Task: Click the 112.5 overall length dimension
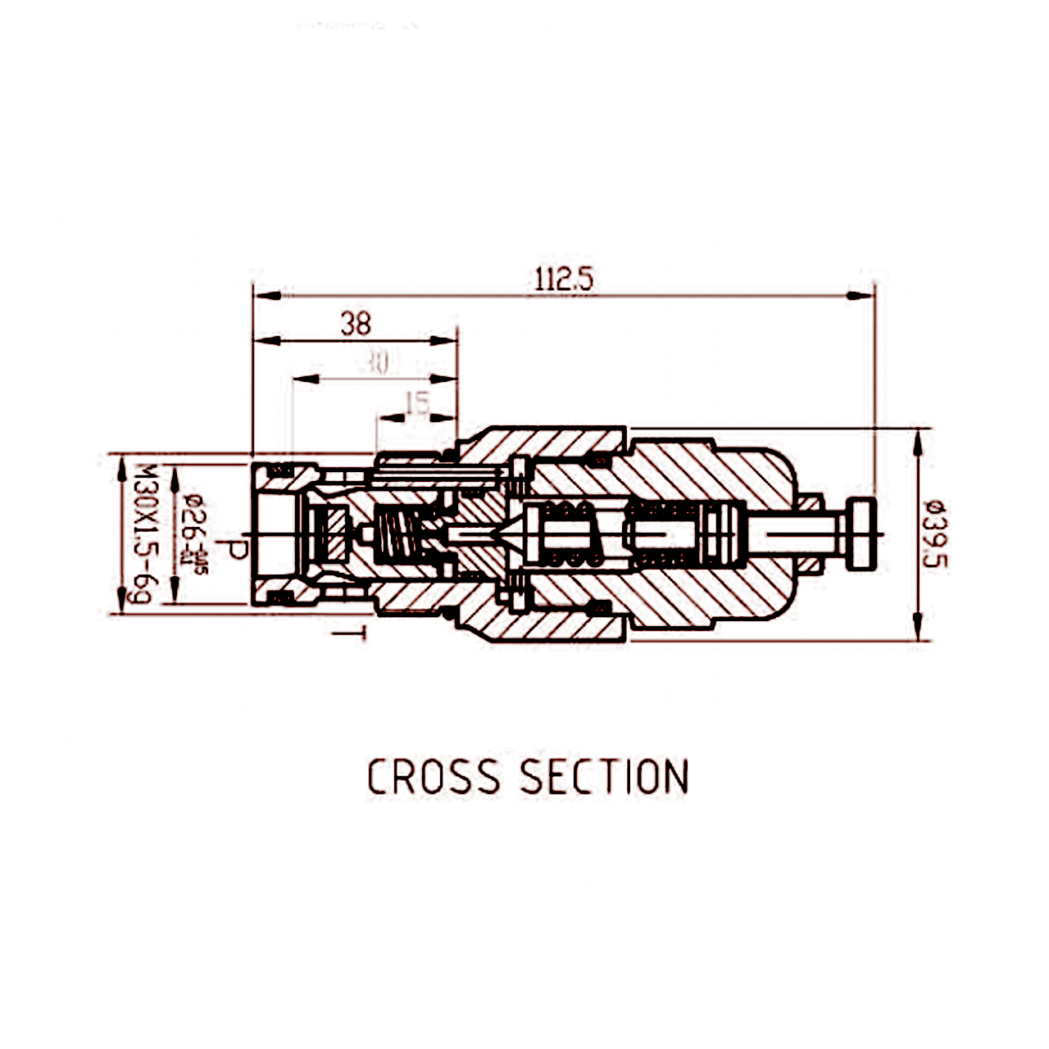point(564,280)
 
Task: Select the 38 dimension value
point(356,325)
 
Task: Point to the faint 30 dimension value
point(377,363)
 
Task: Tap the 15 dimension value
point(418,403)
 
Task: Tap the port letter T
point(350,633)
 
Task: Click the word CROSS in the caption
point(433,777)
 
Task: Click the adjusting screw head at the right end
point(863,534)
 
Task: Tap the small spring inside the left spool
point(398,536)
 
